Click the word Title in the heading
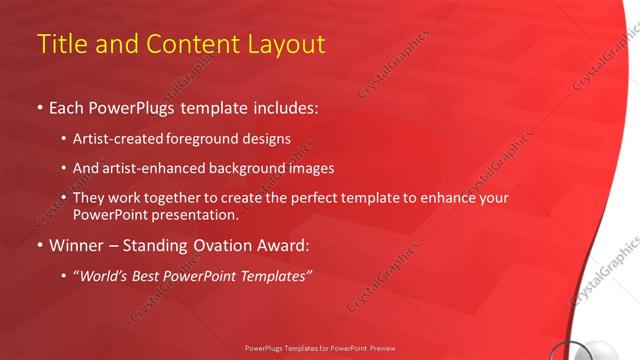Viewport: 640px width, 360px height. coord(61,44)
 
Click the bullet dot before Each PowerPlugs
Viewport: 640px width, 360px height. coord(39,107)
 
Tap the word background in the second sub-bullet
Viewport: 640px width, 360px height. coord(250,168)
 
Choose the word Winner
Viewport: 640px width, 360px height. coord(75,245)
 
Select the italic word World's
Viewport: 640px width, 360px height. coord(104,276)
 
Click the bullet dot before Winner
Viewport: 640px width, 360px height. coord(39,245)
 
